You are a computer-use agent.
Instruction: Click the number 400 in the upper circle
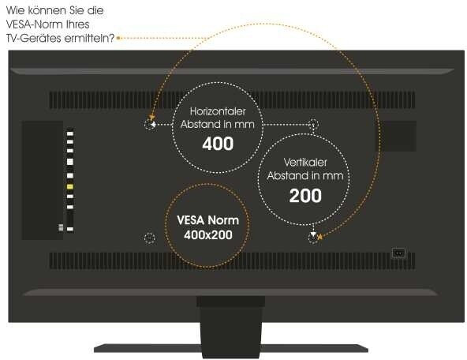pos(218,144)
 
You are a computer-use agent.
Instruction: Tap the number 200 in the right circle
pos(305,196)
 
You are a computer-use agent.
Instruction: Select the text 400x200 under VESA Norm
pos(208,234)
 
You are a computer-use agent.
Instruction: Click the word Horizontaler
pos(218,111)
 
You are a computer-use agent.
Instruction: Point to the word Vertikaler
pos(305,163)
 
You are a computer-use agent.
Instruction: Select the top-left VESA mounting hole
pos(150,124)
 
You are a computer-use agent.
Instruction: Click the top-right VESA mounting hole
pos(313,124)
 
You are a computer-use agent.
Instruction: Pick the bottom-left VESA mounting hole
pos(150,238)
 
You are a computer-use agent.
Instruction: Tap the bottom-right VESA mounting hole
pos(312,238)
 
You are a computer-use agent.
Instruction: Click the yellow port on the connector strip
pos(70,187)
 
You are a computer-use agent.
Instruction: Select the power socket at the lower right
pos(399,253)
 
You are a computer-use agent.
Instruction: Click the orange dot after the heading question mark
pos(118,38)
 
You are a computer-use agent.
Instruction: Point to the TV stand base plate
pos(231,348)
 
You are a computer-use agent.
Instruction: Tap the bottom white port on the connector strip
pos(70,229)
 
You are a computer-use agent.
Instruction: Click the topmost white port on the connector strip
pos(70,133)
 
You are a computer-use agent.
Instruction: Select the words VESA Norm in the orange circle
pos(208,220)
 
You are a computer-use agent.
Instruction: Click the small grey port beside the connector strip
pos(61,227)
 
